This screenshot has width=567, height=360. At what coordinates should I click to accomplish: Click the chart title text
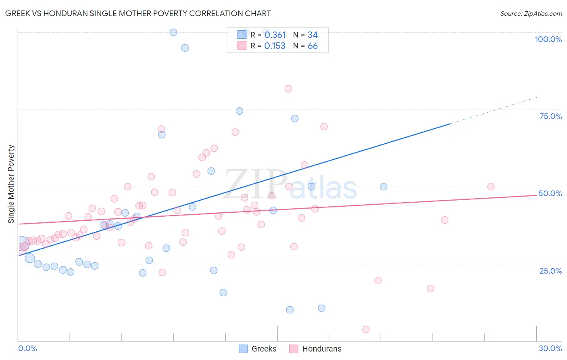coord(138,13)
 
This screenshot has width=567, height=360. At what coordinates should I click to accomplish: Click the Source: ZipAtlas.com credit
coord(531,13)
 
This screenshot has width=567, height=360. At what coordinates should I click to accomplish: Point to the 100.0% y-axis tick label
coord(548,39)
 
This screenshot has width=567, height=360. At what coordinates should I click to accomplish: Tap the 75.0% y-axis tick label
coord(550,116)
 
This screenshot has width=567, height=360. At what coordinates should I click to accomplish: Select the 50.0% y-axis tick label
coord(550,193)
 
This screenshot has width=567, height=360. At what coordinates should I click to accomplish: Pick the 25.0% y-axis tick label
coord(550,270)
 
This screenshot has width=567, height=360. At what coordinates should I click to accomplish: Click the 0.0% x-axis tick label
coord(27,348)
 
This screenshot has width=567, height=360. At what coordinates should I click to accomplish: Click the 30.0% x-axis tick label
coord(550,348)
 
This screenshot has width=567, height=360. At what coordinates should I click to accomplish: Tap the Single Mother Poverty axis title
coord(11,184)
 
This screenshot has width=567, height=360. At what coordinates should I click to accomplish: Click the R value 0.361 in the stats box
coord(275,35)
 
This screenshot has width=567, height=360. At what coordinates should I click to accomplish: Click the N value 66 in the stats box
coord(313,46)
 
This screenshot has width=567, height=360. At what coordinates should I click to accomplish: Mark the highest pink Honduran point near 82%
coord(288,89)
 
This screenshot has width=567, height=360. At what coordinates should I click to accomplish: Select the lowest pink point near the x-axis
coord(366,329)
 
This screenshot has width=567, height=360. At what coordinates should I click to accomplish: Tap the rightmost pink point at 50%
coord(491,186)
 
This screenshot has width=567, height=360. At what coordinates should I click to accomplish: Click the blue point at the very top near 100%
coord(173,32)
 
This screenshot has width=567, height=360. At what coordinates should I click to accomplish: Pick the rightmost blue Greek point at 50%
coord(384,186)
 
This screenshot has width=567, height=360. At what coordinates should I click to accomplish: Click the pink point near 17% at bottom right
coord(430,289)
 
